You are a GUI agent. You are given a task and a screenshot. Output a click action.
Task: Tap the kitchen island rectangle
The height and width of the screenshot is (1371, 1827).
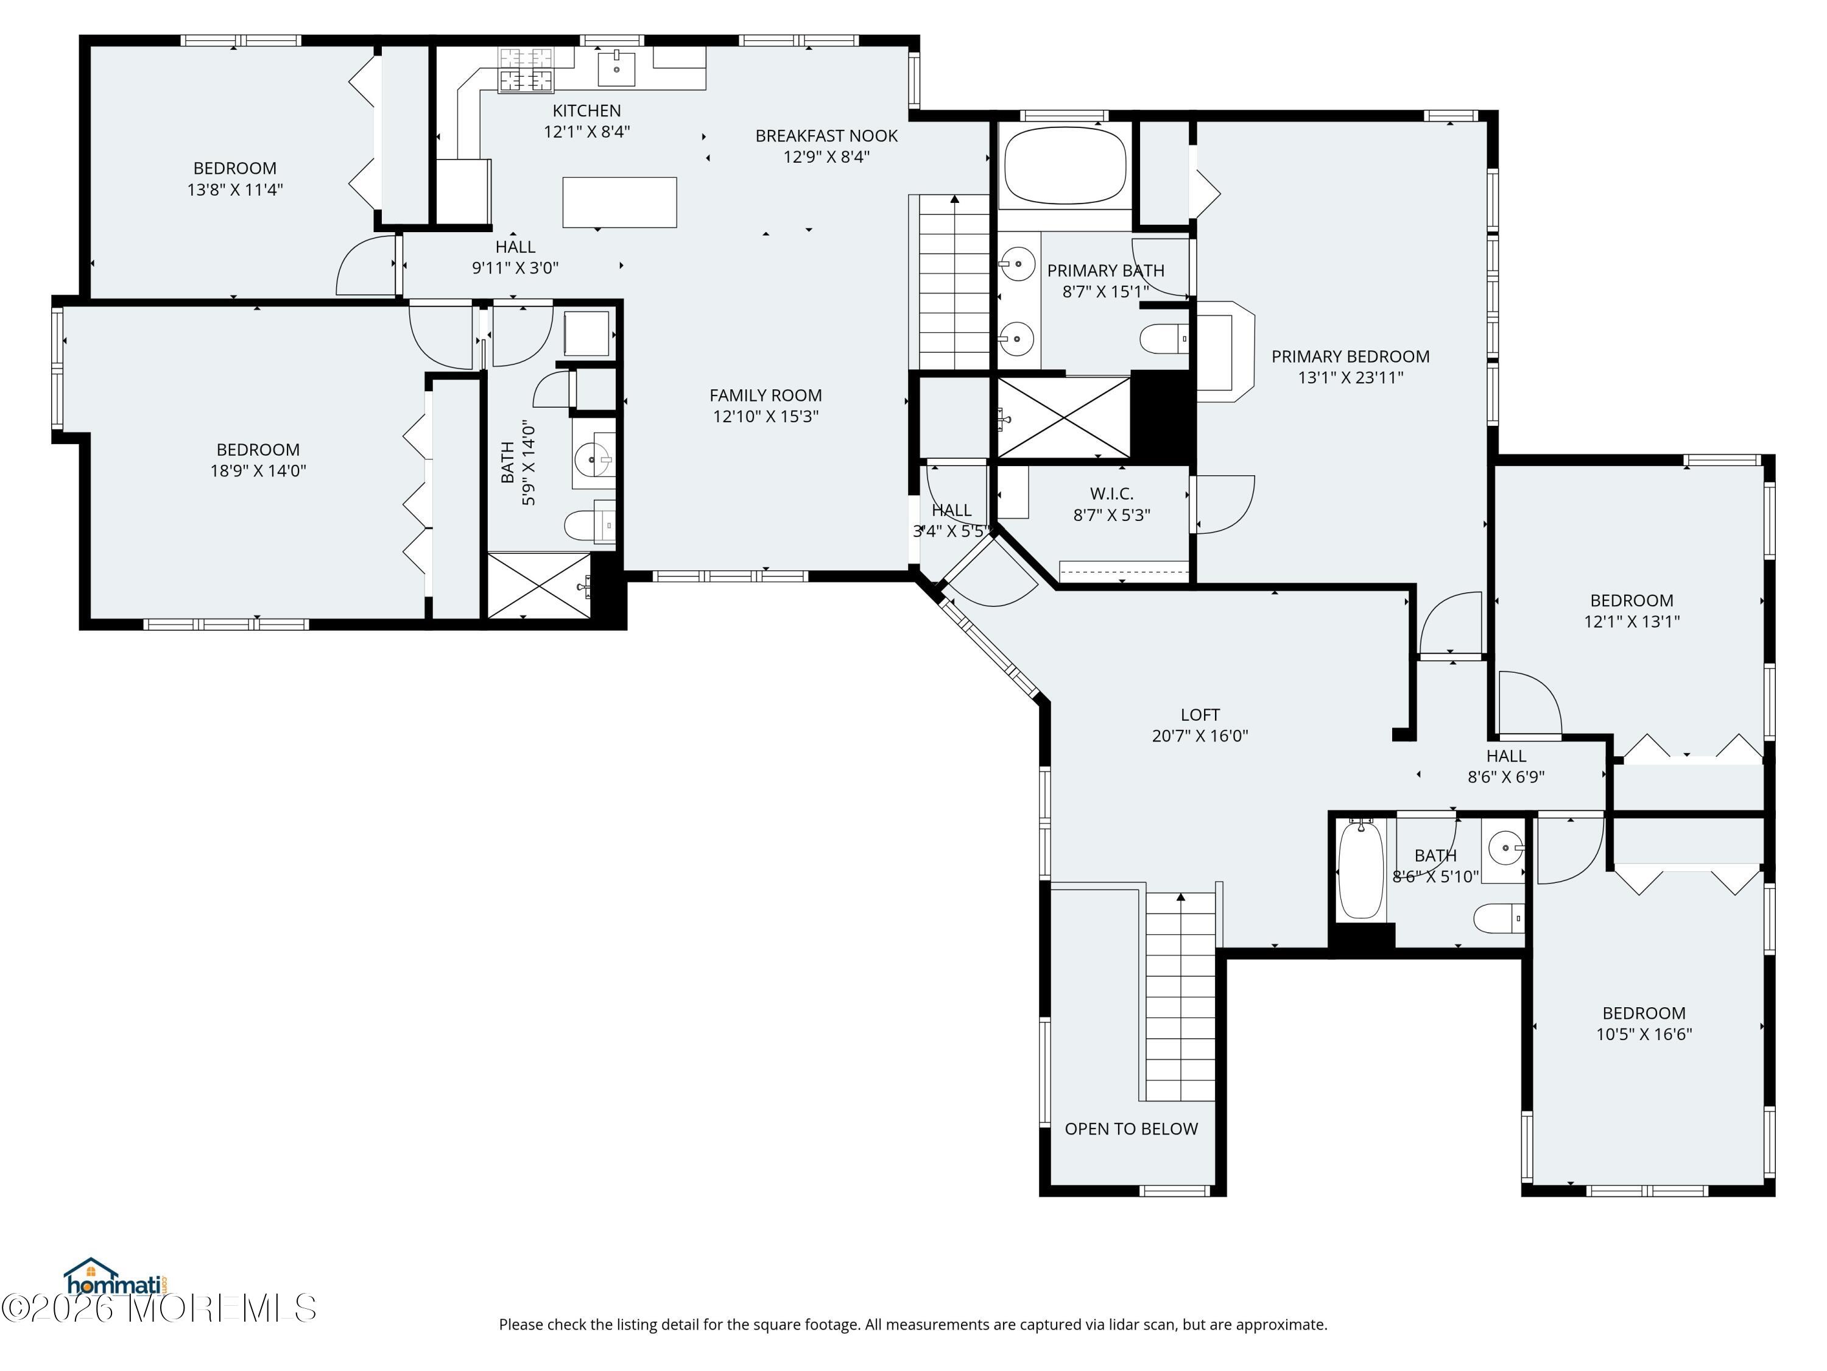[619, 202]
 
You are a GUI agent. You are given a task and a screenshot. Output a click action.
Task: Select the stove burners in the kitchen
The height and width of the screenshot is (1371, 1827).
[526, 69]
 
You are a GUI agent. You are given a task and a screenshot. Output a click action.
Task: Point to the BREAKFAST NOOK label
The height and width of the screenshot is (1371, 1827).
[826, 135]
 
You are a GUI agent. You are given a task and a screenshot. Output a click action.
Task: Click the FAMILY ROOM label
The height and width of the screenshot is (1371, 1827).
[766, 395]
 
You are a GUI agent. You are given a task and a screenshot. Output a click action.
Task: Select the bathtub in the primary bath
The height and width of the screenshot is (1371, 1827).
[1065, 165]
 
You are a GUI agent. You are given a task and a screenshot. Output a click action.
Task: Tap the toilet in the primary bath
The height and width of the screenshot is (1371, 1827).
[1164, 338]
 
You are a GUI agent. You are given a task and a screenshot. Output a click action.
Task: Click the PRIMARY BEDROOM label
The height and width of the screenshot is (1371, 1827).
[1350, 356]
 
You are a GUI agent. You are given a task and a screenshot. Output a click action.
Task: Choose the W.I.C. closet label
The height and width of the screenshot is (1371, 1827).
[1111, 494]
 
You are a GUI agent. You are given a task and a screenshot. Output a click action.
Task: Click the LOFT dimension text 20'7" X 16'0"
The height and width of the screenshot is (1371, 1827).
[1200, 735]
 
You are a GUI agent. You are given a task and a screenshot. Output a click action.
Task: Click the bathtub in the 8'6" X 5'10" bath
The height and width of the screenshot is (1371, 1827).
[1361, 870]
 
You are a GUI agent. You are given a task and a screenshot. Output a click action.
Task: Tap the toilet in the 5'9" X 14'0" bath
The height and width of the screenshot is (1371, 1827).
[590, 525]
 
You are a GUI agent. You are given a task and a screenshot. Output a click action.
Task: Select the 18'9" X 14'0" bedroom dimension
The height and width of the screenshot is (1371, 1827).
[259, 471]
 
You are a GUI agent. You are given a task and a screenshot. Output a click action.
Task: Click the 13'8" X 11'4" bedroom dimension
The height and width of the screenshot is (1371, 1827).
[236, 190]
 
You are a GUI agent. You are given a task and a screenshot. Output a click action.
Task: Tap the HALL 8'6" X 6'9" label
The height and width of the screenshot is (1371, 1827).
[1505, 766]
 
